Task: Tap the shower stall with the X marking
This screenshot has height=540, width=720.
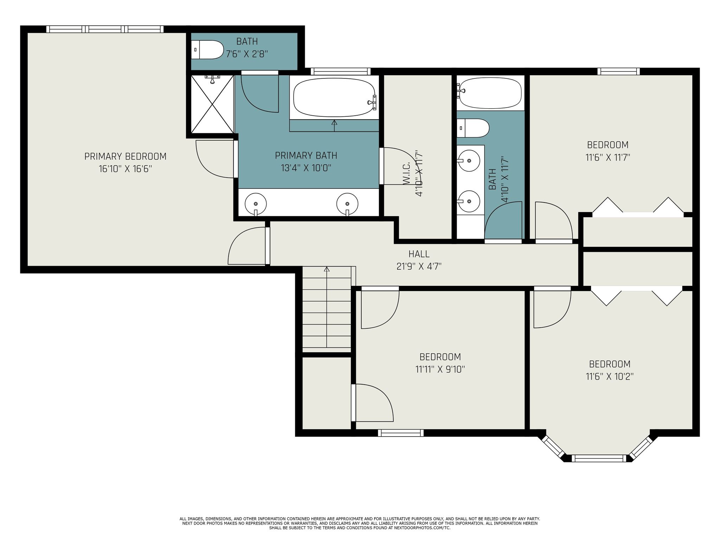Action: pyautogui.click(x=212, y=104)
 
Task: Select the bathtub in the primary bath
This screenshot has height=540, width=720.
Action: pyautogui.click(x=334, y=97)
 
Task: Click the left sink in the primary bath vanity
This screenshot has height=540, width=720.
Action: pyautogui.click(x=256, y=204)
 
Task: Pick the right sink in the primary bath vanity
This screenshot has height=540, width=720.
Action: pyautogui.click(x=347, y=204)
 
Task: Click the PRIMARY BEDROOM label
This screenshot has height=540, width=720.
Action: pyautogui.click(x=125, y=156)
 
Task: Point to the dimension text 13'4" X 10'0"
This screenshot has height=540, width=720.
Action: pyautogui.click(x=306, y=168)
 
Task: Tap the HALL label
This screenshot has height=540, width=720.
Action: pyautogui.click(x=419, y=253)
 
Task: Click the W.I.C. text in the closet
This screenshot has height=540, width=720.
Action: pyautogui.click(x=406, y=173)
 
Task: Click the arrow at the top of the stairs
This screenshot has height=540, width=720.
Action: pyautogui.click(x=327, y=270)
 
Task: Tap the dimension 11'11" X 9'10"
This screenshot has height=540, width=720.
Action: pyautogui.click(x=440, y=369)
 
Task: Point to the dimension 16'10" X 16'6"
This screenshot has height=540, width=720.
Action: pyautogui.click(x=125, y=169)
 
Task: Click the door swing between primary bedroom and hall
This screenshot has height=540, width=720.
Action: pyautogui.click(x=246, y=246)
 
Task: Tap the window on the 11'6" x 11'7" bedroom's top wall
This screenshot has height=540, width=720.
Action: pyautogui.click(x=618, y=71)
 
